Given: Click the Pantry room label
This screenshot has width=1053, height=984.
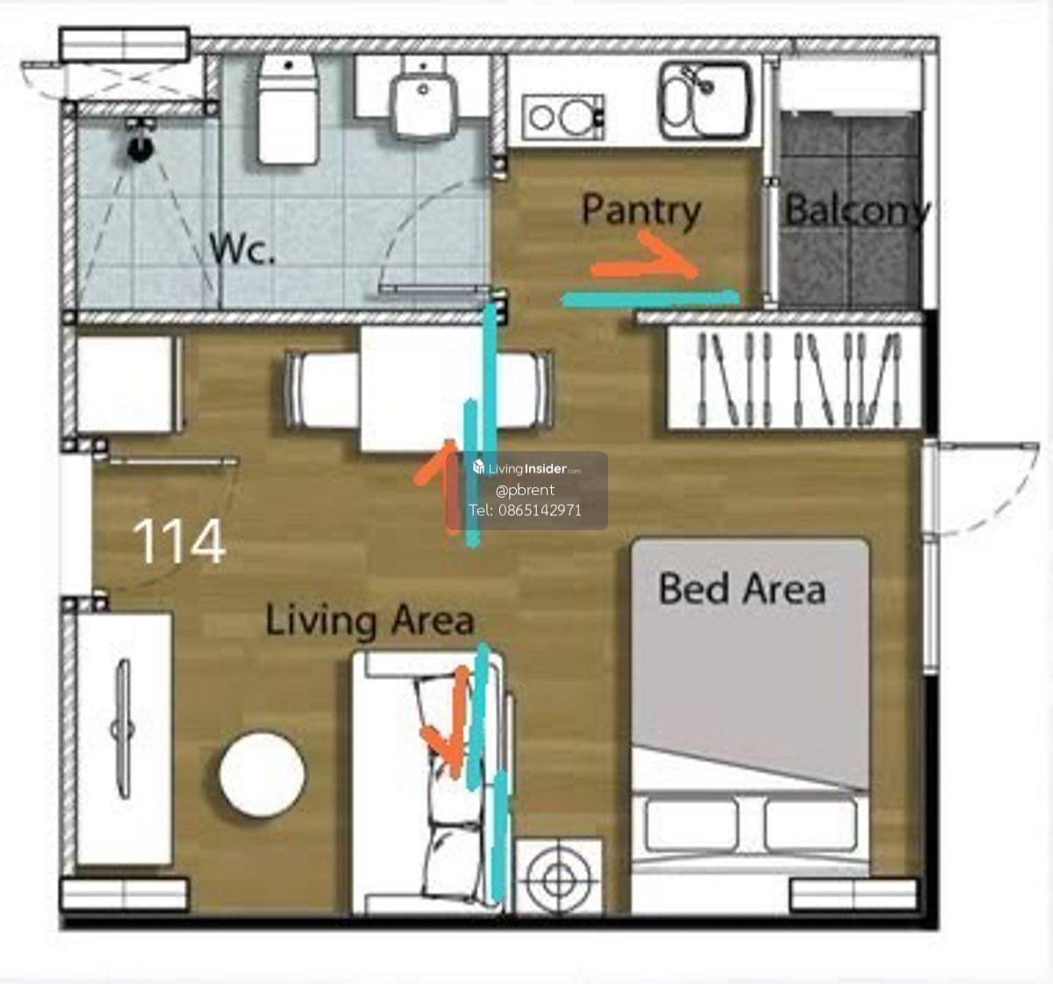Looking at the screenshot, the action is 641,212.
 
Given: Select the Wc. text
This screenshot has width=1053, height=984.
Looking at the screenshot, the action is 242,248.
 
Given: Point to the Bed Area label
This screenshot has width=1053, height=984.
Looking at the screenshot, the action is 741,588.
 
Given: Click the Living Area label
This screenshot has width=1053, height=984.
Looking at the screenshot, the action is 369,620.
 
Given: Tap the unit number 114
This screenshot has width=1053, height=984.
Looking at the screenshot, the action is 179,541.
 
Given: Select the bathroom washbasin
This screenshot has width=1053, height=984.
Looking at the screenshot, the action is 423,101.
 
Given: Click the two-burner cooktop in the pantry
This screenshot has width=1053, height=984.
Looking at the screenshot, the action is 562,117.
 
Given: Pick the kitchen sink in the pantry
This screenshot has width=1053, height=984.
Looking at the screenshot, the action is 706,100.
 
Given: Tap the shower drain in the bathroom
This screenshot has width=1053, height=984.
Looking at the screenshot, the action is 140,148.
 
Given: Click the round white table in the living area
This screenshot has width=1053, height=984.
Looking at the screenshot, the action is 262,774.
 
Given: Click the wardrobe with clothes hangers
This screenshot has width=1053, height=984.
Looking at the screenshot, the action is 794,377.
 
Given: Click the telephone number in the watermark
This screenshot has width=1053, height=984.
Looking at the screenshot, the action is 525,510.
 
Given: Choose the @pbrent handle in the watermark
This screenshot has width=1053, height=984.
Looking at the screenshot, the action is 525,490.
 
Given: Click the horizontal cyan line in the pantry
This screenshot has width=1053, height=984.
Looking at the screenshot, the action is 650,299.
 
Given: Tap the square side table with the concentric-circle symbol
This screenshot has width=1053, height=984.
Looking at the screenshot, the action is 558,881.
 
